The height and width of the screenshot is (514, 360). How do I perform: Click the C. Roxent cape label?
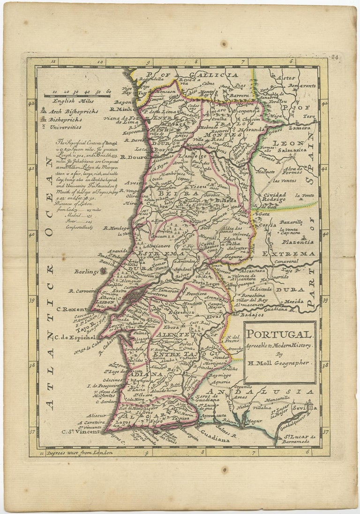click(72, 309)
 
